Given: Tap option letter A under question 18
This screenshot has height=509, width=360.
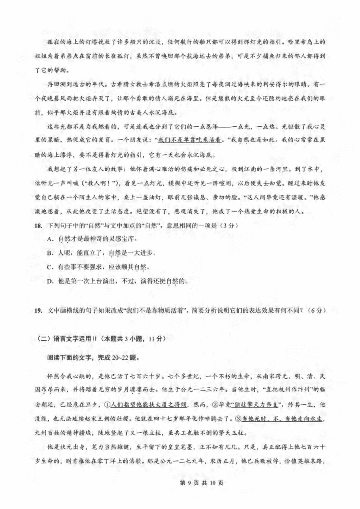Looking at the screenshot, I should tap(49, 239).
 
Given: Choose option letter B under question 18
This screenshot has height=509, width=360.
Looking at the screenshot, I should tap(49, 253).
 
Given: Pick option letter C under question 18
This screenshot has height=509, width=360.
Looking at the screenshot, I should tap(49, 267).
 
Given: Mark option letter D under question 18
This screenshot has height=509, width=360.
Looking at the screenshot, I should tap(49, 281).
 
